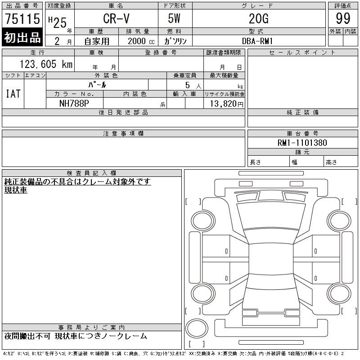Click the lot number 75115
click(22, 19)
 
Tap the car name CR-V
click(117, 18)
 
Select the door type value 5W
click(174, 18)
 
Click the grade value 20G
click(259, 18)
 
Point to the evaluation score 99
click(343, 18)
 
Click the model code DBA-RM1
click(257, 41)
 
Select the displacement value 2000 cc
click(141, 41)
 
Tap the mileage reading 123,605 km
click(46, 64)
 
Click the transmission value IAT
click(13, 94)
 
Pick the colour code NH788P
click(74, 103)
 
